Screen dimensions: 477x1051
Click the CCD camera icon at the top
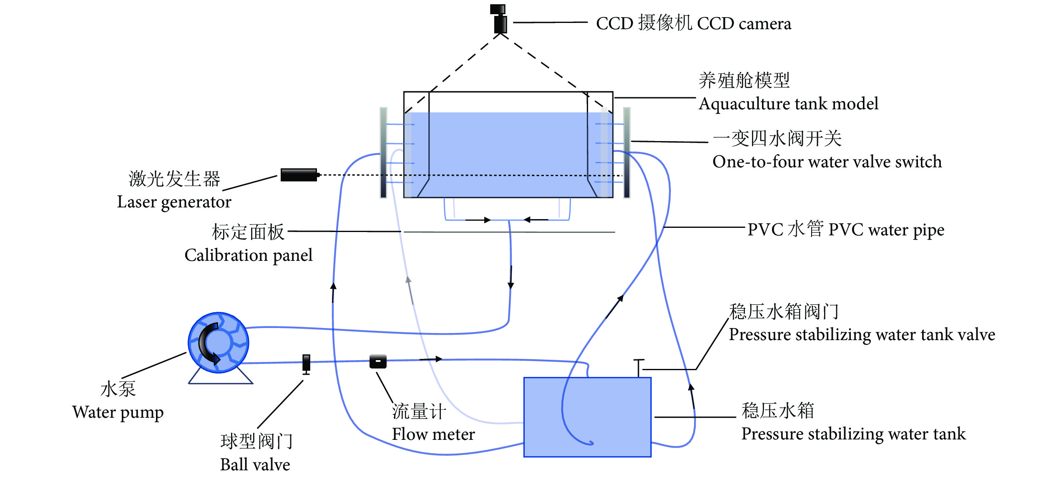point(499,19)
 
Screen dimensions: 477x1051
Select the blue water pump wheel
point(218,343)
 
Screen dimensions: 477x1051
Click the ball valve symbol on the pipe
point(306,363)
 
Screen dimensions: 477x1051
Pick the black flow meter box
point(378,361)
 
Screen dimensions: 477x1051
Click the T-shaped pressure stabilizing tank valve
point(639,368)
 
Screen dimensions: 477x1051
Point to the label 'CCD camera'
point(744,24)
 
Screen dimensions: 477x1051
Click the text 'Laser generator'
point(174,202)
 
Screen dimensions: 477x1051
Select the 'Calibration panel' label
point(248,255)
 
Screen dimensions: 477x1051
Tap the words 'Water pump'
point(118,412)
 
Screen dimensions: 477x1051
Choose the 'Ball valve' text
point(255,464)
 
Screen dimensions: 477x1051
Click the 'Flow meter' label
point(433,434)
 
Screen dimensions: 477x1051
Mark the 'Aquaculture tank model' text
point(788,103)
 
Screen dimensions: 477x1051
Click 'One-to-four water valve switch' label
point(827,162)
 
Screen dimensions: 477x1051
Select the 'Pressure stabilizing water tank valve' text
point(862,335)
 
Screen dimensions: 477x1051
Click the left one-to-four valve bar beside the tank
point(383,153)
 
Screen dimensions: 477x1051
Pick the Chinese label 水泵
point(118,389)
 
